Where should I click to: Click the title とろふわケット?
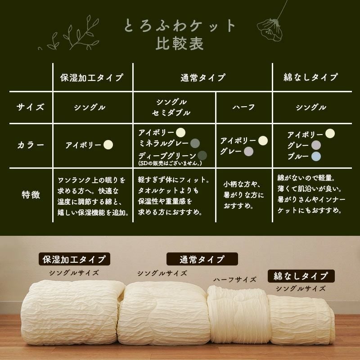coord(180,25)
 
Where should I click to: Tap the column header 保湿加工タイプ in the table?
coord(92,77)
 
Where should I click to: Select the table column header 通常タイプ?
coord(203,77)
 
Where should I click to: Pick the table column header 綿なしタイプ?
coord(310,77)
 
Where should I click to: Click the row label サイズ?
coord(30,107)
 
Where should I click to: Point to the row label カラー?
coord(31,145)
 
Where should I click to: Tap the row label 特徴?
coord(31,195)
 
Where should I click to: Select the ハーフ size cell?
coord(243,107)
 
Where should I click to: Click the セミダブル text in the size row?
coord(171,113)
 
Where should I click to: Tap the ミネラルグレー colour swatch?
coord(195,144)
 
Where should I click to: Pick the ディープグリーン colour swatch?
coord(202,155)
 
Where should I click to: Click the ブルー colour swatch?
coord(316,156)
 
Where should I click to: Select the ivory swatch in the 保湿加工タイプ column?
coord(108,145)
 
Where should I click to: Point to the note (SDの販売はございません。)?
coord(170,163)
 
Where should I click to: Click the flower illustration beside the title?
coord(271,25)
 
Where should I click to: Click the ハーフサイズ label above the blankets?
coord(234,279)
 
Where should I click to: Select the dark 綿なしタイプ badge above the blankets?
coord(301,276)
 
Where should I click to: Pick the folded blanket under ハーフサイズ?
coord(238,314)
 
